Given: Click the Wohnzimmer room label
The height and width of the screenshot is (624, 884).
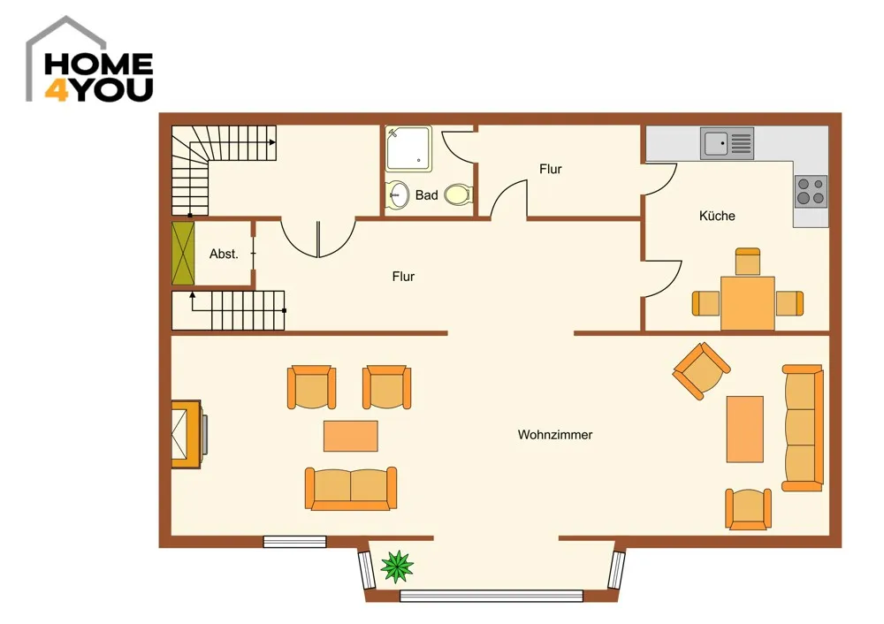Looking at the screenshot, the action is coord(555,435).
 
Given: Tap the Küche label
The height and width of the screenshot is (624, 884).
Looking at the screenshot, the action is coord(717,216).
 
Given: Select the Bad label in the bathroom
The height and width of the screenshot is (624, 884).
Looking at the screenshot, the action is coord(426,195).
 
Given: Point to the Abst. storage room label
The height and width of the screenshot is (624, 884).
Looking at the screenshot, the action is coord(224,254).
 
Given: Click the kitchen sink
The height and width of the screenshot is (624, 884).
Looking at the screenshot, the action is coord(727,143).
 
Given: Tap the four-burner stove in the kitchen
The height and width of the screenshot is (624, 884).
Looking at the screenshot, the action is coord(811,191).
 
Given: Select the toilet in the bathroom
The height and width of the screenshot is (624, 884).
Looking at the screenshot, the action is coord(458,195).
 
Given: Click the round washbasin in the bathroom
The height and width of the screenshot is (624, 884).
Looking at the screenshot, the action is coord(398,195).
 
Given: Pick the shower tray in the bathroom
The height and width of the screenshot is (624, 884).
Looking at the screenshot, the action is coord(408,148).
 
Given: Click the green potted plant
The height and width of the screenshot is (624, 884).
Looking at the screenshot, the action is coord(397,566).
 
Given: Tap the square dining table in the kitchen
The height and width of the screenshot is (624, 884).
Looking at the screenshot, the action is coord(748,302).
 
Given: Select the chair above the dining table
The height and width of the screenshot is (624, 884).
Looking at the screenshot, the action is coord(748,262).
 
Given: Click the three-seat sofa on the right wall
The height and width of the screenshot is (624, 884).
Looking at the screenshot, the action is coord(803,427).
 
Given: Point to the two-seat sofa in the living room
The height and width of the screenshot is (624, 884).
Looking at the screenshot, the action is coord(351,488).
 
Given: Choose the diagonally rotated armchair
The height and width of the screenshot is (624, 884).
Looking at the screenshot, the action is coord(701,370).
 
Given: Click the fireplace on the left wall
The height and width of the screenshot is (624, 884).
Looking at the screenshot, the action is coord(187,434).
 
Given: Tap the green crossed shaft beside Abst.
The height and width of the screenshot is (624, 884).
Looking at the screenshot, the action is coord(183,253).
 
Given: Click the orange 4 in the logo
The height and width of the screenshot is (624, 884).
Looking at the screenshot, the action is coord(57,90).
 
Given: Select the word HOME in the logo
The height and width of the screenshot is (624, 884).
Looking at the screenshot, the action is coord(99,65).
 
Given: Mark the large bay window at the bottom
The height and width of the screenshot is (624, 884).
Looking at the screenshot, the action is coord(491,596).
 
